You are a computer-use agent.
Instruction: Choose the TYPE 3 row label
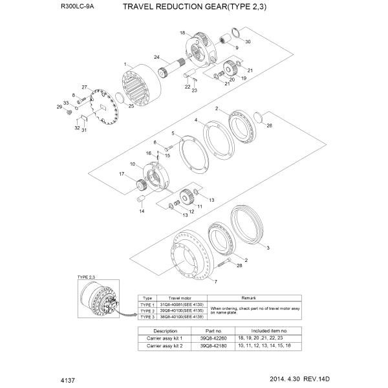tap(147, 317)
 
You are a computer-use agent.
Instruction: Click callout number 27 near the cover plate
tap(83, 87)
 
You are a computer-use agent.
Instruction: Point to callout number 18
tap(183, 32)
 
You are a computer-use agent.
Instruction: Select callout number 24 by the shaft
tap(156, 58)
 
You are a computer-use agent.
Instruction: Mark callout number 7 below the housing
tap(215, 282)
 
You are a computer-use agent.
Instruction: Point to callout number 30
tap(248, 41)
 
